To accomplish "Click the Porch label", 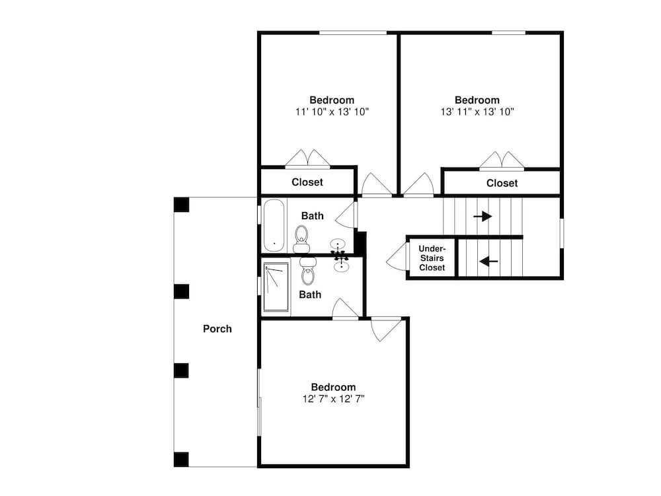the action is pyautogui.click(x=217, y=329).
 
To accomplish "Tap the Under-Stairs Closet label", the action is pyautogui.click(x=432, y=258).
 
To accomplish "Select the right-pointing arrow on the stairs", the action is pyautogui.click(x=483, y=217).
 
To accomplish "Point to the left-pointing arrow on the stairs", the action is pyautogui.click(x=488, y=262).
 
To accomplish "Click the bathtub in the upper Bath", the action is pyautogui.click(x=274, y=225).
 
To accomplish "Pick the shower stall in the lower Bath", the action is pyautogui.click(x=276, y=287).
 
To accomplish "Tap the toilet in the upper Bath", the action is pyautogui.click(x=301, y=239).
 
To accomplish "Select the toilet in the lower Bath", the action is pyautogui.click(x=308, y=271).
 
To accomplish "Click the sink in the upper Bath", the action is pyautogui.click(x=338, y=244).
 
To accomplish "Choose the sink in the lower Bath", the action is pyautogui.click(x=340, y=266).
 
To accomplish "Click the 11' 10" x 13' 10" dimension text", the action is pyautogui.click(x=332, y=112).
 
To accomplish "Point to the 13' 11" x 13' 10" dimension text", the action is pyautogui.click(x=477, y=112).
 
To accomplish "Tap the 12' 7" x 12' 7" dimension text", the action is pyautogui.click(x=333, y=399).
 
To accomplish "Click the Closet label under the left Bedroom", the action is pyautogui.click(x=307, y=182).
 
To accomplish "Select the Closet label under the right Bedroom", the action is pyautogui.click(x=502, y=183).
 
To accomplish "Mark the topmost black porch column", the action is pyautogui.click(x=181, y=205).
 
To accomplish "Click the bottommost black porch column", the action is pyautogui.click(x=181, y=460).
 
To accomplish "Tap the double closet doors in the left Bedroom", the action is pyautogui.click(x=307, y=159).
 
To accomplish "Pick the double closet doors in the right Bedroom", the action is pyautogui.click(x=502, y=161).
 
